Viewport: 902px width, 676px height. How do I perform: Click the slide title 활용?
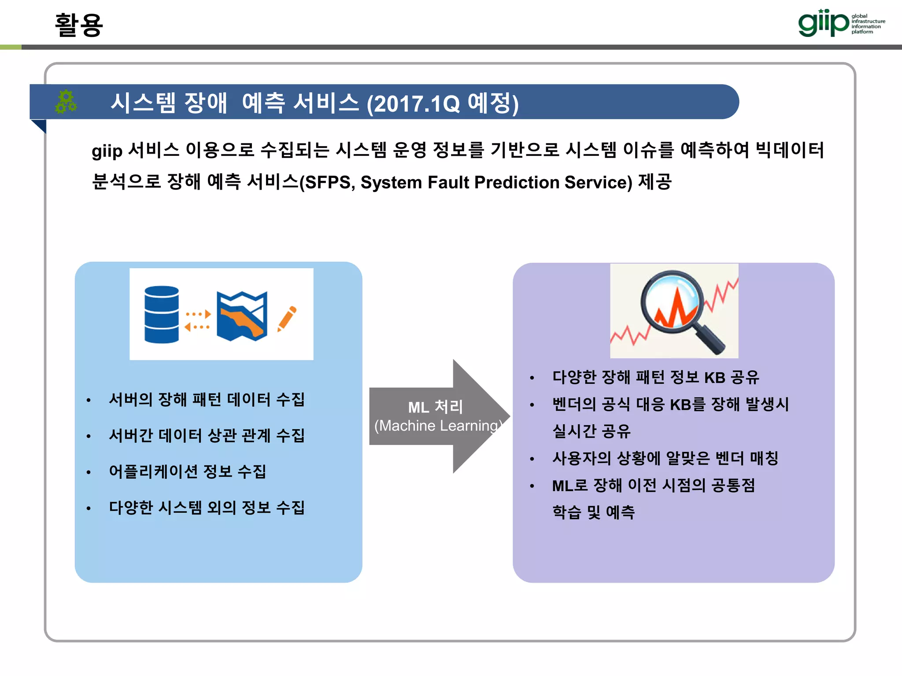pyautogui.click(x=79, y=25)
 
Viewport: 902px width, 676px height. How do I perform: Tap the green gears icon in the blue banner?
pyautogui.click(x=66, y=102)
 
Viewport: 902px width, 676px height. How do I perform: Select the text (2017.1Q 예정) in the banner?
pyautogui.click(x=443, y=103)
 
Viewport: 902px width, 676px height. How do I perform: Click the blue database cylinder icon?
pyautogui.click(x=162, y=314)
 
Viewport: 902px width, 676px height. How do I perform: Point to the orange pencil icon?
pyautogui.click(x=287, y=318)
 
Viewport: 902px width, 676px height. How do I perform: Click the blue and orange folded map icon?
pyautogui.click(x=242, y=316)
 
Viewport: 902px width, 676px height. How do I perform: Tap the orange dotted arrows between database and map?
pyautogui.click(x=197, y=320)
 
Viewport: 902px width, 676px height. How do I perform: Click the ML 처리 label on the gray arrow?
pyautogui.click(x=435, y=407)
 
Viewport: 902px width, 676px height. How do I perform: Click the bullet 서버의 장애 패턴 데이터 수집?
pyautogui.click(x=207, y=400)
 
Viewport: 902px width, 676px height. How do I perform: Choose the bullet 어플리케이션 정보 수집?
pyautogui.click(x=187, y=471)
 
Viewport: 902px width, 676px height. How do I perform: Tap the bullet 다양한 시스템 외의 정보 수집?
pyautogui.click(x=207, y=507)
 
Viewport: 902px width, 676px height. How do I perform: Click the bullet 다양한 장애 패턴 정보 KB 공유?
pyautogui.click(x=655, y=377)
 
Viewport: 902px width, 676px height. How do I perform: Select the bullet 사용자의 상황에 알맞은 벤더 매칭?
pyautogui.click(x=665, y=458)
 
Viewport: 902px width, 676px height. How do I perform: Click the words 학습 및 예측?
pyautogui.click(x=593, y=512)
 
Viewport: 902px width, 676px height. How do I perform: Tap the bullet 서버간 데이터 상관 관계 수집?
pyautogui.click(x=207, y=436)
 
